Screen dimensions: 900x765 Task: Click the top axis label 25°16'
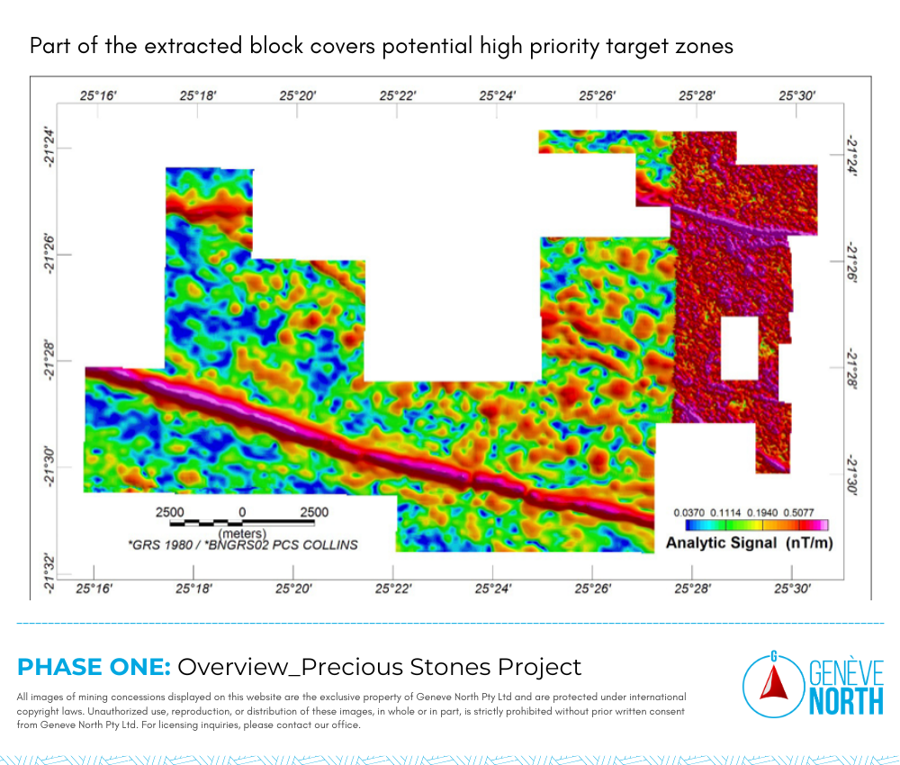click(x=98, y=95)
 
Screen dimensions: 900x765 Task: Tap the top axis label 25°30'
click(x=796, y=95)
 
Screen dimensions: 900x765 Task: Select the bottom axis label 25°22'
click(x=393, y=589)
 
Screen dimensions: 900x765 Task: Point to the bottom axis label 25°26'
click(x=593, y=589)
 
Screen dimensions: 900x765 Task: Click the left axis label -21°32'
click(x=50, y=574)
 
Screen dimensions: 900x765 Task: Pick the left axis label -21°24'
click(x=50, y=148)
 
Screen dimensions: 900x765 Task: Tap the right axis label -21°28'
click(x=851, y=370)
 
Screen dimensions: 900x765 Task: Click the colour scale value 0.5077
click(x=799, y=512)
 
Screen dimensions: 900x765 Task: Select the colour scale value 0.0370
click(x=688, y=512)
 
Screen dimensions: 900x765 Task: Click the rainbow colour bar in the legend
click(x=757, y=525)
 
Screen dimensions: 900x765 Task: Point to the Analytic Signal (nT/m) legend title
click(x=749, y=543)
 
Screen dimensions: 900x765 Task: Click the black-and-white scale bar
click(x=242, y=522)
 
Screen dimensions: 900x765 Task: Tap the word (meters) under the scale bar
click(x=242, y=534)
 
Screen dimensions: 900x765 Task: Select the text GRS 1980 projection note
click(x=243, y=545)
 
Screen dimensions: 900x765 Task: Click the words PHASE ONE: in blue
click(x=94, y=667)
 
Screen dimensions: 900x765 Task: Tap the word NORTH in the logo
click(x=846, y=701)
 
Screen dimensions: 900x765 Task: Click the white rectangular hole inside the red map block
click(x=739, y=347)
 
